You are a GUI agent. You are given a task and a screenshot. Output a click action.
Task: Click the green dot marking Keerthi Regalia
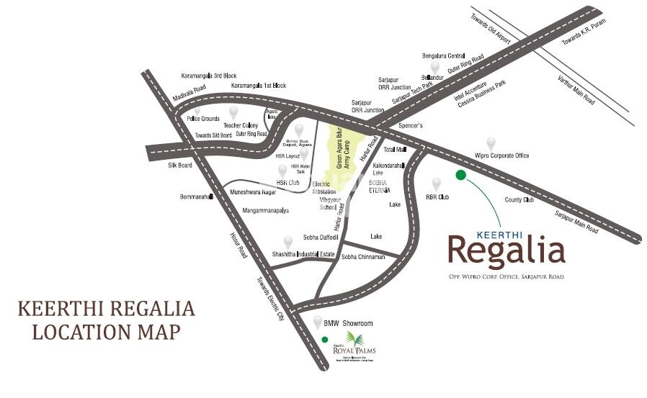click(461, 174)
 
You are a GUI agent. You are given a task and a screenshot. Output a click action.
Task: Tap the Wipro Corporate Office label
click(501, 155)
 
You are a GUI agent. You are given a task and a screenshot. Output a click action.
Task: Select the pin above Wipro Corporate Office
click(491, 143)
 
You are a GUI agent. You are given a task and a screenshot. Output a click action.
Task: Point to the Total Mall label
click(395, 150)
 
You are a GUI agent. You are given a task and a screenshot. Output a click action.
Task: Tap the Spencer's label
click(410, 125)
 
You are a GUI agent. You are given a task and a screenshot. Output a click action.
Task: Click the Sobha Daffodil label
click(320, 237)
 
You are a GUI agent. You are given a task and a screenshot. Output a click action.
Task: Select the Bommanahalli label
click(195, 196)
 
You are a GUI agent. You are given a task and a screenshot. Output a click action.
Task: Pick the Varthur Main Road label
click(576, 90)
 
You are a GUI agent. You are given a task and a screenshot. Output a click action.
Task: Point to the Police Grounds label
click(202, 119)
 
